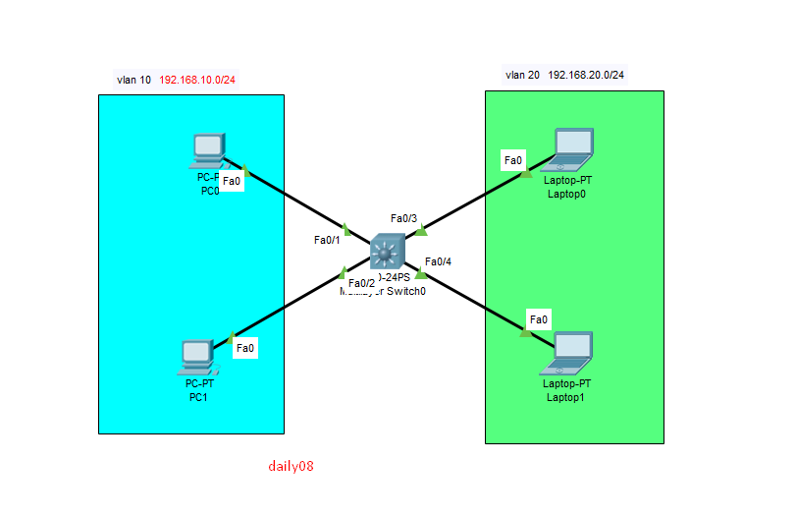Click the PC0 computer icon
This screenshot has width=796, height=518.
[208, 149]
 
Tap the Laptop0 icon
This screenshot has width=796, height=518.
[571, 146]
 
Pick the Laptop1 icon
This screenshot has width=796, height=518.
[571, 353]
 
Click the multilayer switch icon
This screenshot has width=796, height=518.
[387, 253]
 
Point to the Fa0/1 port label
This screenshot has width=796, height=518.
[327, 240]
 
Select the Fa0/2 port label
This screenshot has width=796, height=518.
[361, 284]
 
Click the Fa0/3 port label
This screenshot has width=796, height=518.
[403, 218]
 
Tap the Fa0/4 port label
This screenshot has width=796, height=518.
[438, 261]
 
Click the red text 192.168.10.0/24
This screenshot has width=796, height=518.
[197, 80]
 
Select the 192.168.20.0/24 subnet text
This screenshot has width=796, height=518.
[586, 75]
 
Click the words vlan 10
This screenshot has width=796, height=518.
[133, 80]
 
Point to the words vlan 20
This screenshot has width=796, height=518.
[522, 75]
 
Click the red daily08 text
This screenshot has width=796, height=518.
[291, 466]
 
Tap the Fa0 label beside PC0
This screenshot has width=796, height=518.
[232, 182]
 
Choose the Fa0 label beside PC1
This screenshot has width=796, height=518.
[245, 347]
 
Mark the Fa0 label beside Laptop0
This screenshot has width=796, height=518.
[513, 160]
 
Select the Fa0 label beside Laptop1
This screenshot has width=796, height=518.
[539, 319]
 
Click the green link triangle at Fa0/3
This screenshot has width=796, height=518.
[421, 232]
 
